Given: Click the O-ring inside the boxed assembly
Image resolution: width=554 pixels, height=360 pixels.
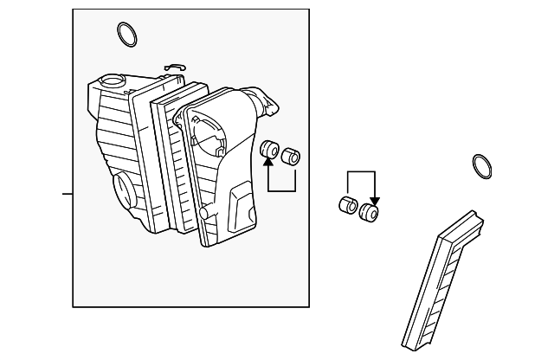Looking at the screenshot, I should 126,35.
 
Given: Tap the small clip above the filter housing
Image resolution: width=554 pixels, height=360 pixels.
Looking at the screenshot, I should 174,67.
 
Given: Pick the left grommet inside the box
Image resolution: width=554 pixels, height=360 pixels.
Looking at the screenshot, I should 269,149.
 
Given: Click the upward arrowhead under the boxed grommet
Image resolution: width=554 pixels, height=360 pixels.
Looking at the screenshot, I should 269,163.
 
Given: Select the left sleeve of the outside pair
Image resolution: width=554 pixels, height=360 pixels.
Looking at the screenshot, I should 347,206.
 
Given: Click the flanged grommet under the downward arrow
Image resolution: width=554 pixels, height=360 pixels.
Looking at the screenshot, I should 370,213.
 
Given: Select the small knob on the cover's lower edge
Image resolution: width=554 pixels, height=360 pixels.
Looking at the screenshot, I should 204,213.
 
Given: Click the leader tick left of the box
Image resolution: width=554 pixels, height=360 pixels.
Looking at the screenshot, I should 67,193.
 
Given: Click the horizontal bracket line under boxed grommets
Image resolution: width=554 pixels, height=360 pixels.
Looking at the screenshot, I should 282,190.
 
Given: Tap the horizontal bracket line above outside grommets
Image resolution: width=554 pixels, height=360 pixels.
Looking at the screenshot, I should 361,172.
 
